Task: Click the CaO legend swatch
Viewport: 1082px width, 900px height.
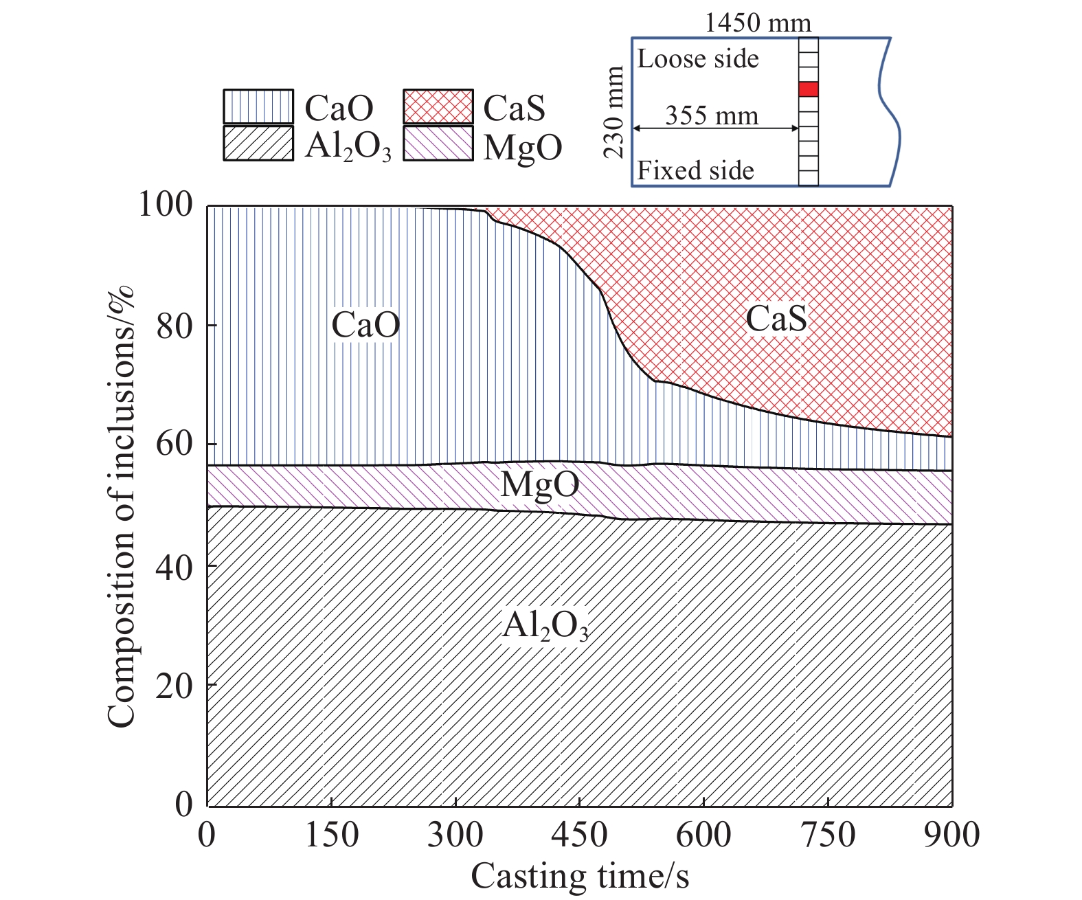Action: (258, 106)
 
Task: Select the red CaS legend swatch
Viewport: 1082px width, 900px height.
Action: (438, 106)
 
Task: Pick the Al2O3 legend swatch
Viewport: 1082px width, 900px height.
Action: (258, 143)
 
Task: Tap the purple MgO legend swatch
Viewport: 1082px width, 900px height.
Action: (438, 143)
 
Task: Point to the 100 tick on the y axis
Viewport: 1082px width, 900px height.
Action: (166, 204)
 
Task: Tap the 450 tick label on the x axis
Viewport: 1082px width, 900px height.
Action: (580, 835)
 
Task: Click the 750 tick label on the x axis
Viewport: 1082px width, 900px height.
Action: (828, 835)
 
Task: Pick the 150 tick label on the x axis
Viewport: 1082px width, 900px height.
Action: (332, 835)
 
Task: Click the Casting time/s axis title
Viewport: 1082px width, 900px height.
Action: (580, 877)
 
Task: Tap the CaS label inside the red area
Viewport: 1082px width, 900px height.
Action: (776, 319)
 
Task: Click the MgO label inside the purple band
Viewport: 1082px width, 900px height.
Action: (540, 485)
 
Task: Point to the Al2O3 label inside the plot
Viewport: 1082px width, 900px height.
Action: (545, 626)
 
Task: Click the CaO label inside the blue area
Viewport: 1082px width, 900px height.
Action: (365, 325)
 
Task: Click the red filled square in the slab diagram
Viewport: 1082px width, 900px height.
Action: (809, 89)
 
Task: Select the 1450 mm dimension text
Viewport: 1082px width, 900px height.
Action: (758, 23)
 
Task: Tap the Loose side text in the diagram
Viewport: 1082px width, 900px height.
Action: (698, 59)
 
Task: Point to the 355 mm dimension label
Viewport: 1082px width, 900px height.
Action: (712, 115)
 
